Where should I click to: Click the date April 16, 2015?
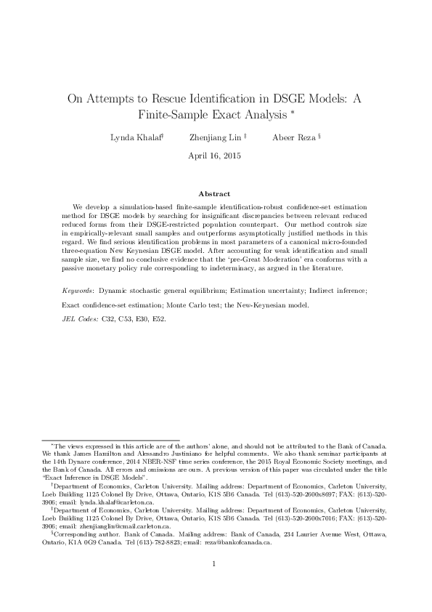216,156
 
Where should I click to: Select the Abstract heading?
216,194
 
